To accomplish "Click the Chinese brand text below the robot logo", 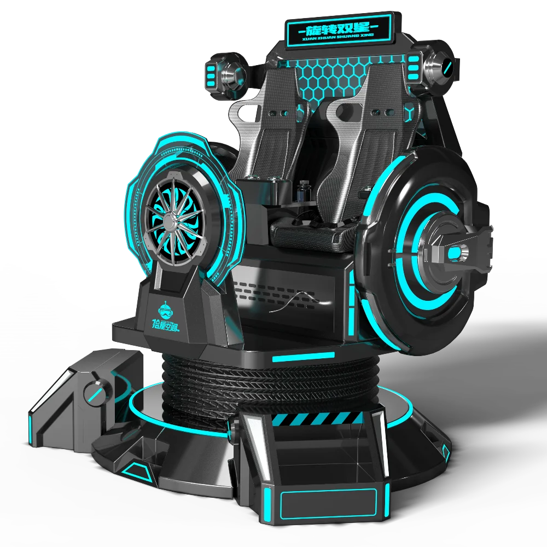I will [168, 328].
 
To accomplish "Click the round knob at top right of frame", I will [444, 68].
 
